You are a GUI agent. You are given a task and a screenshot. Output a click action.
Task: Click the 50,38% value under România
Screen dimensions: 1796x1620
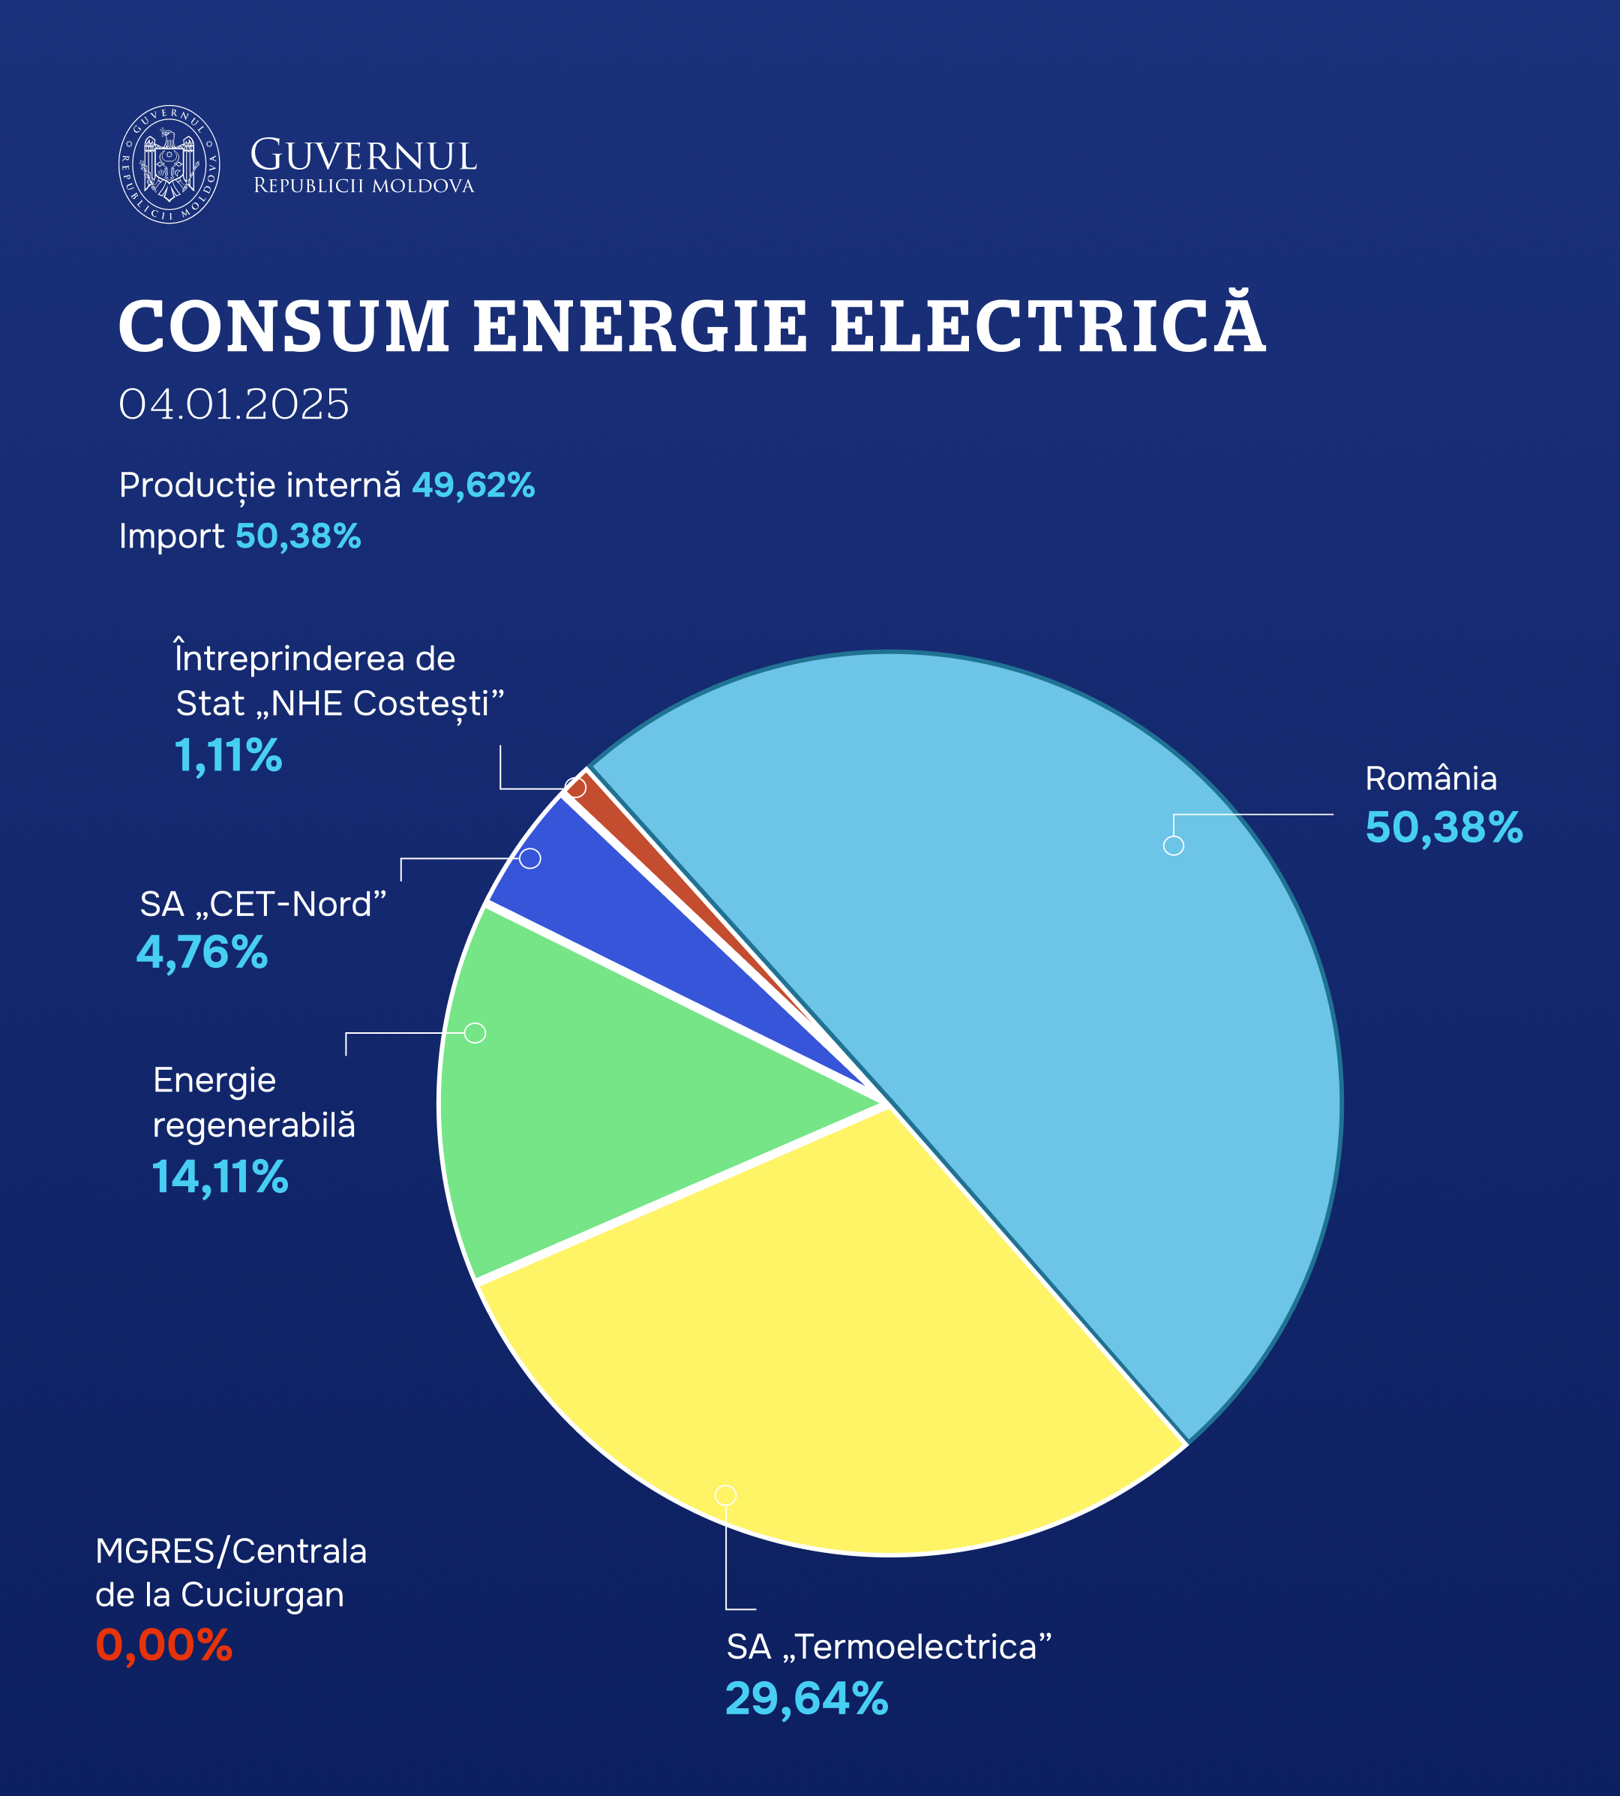pos(1444,827)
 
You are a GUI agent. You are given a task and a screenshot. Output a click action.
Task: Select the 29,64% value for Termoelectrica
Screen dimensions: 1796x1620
pos(806,1699)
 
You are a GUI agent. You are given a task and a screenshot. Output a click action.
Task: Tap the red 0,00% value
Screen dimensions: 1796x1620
pos(163,1644)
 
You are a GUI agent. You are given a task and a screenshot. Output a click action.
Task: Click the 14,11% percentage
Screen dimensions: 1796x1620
pos(220,1177)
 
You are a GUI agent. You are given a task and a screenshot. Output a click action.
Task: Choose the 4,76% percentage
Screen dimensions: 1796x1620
pos(202,952)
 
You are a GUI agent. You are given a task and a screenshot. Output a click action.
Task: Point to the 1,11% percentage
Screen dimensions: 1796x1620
pos(228,756)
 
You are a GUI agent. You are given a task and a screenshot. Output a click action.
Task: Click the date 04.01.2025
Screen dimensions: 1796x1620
pos(234,404)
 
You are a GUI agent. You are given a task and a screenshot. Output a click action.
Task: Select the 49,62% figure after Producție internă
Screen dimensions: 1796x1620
pos(472,485)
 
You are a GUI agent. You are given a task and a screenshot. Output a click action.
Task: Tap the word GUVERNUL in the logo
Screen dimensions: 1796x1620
pos(363,156)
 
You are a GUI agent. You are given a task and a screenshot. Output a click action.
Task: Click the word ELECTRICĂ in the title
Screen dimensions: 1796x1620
pos(1047,325)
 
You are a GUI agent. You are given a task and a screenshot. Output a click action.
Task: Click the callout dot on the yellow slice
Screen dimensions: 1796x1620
pos(725,1495)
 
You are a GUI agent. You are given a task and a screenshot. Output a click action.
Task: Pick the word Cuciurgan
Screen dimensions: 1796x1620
pos(262,1595)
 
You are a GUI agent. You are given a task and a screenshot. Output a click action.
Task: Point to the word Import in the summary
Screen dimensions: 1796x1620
pos(172,536)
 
